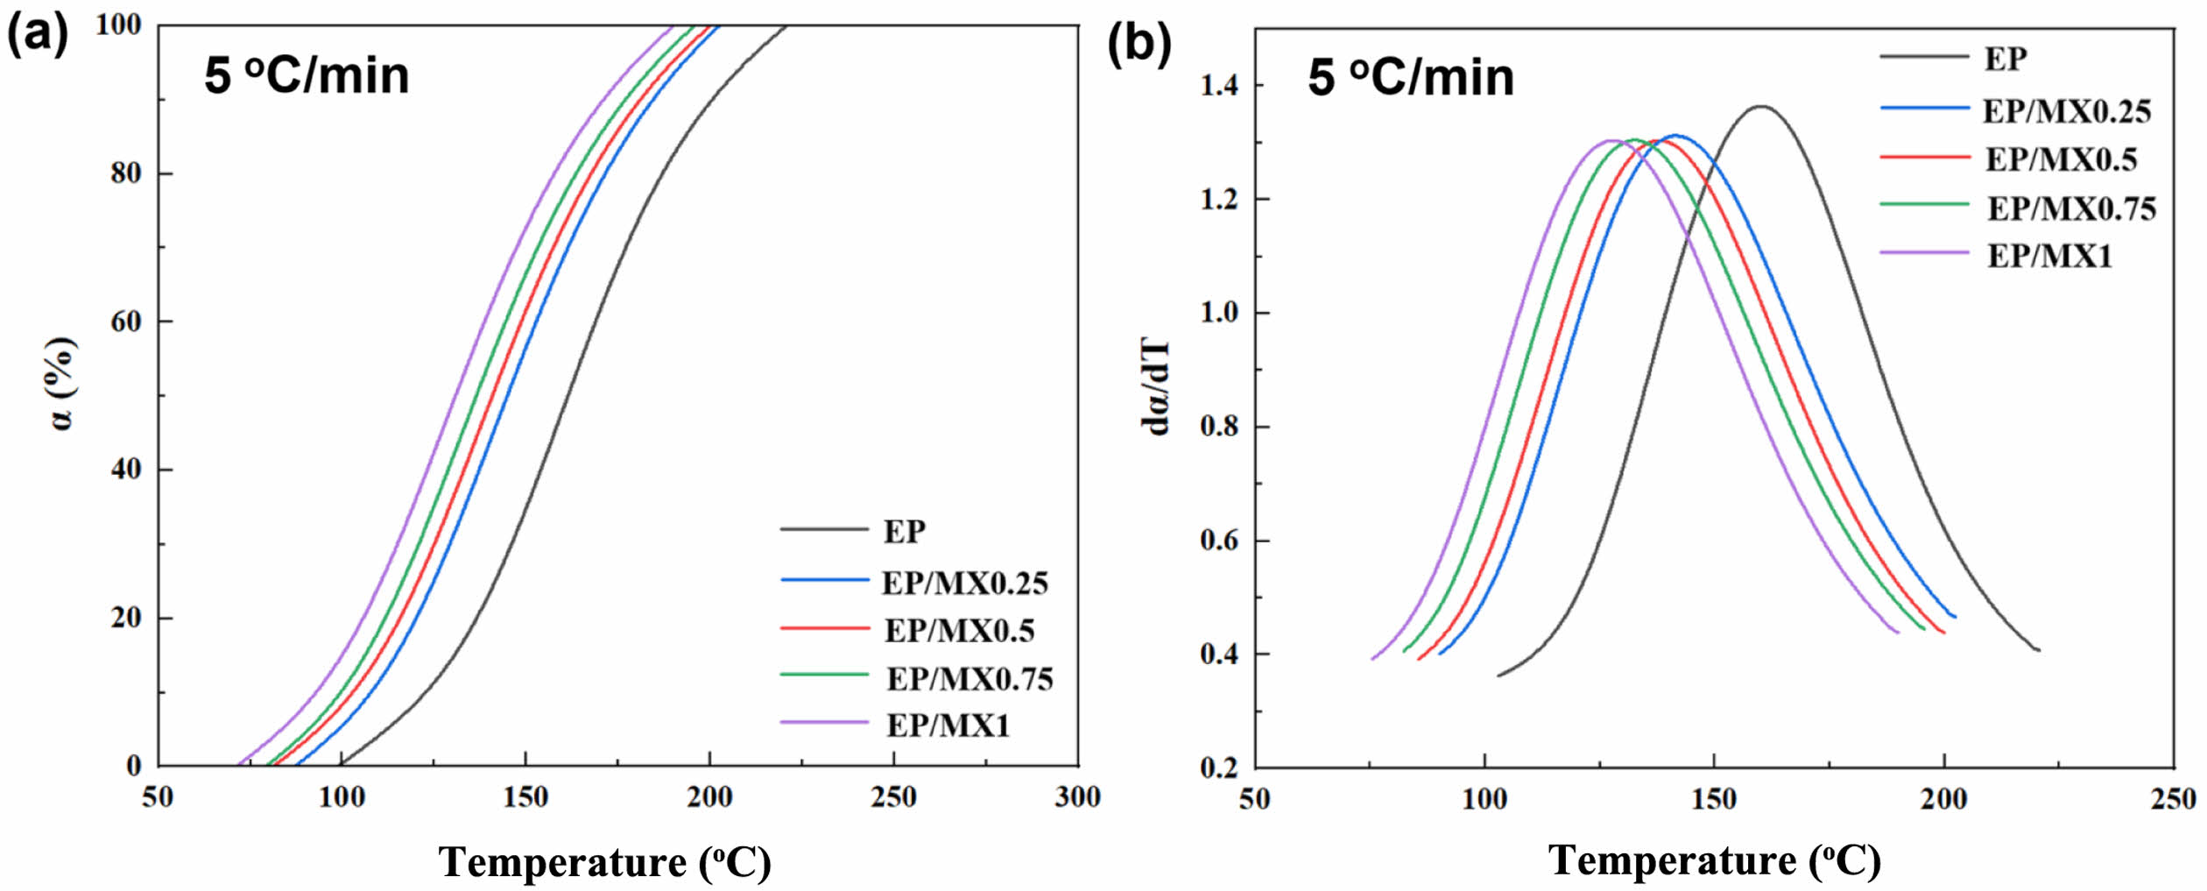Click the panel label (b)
[1139, 42]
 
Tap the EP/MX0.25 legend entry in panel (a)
[963, 583]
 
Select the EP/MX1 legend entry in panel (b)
[2049, 256]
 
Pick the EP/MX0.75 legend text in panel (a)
[970, 679]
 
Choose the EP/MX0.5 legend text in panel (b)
[2061, 159]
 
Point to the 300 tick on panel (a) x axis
[1077, 797]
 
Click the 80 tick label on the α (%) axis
[127, 173]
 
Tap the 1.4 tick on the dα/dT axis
[1219, 86]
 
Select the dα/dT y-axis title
[1156, 387]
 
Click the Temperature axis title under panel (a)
[604, 862]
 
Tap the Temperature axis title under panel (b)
[1714, 860]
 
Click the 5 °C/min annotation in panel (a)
[307, 75]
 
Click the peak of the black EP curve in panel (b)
[1760, 107]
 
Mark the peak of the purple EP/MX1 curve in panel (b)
[1610, 140]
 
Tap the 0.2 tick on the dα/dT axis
[1219, 767]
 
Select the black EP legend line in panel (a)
[824, 529]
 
